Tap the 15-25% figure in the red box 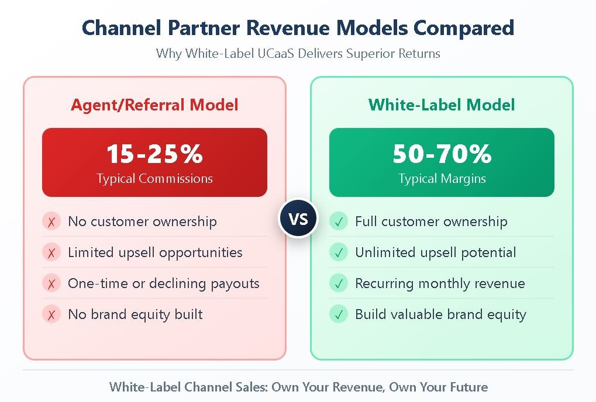tap(154, 154)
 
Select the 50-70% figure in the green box tap(442, 154)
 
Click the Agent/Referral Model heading tap(154, 105)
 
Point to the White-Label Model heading tap(442, 105)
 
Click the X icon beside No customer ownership tap(51, 221)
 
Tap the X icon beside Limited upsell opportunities tap(51, 252)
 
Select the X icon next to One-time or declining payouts tap(51, 283)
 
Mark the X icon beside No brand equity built tap(51, 314)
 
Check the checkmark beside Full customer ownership tap(339, 221)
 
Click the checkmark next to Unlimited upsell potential tap(339, 252)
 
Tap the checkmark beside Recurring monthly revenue tap(339, 283)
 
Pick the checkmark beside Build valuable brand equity tap(339, 314)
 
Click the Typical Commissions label tap(154, 178)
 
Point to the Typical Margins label tap(442, 178)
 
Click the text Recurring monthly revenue tap(440, 283)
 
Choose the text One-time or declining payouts tap(163, 283)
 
